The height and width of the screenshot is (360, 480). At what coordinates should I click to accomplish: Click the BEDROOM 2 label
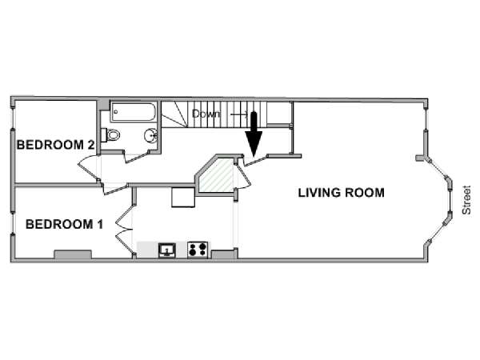(55, 145)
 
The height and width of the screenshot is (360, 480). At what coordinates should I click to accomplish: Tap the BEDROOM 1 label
(64, 224)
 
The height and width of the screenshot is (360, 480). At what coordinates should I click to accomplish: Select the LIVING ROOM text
(342, 193)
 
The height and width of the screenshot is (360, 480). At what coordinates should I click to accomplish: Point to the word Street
(466, 200)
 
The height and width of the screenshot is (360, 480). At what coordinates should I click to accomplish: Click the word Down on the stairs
(206, 114)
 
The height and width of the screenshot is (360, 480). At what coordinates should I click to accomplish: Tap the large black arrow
(254, 134)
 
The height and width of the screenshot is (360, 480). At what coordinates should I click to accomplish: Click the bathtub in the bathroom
(134, 112)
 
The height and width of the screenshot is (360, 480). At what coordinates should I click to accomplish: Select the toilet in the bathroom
(111, 134)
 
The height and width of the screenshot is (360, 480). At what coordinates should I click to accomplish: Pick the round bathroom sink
(150, 135)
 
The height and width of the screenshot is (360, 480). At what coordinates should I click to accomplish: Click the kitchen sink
(167, 250)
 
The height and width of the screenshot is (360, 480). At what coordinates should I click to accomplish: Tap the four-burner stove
(198, 250)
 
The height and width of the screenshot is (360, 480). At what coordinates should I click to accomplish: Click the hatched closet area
(218, 175)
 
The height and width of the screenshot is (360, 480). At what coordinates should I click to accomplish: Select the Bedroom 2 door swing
(88, 168)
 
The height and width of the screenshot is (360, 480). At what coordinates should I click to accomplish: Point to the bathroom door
(136, 156)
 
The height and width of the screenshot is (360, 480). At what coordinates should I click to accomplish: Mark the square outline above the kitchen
(183, 198)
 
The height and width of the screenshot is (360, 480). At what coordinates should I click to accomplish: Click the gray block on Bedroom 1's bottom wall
(73, 254)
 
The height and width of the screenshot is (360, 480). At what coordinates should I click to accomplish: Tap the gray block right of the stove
(223, 254)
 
